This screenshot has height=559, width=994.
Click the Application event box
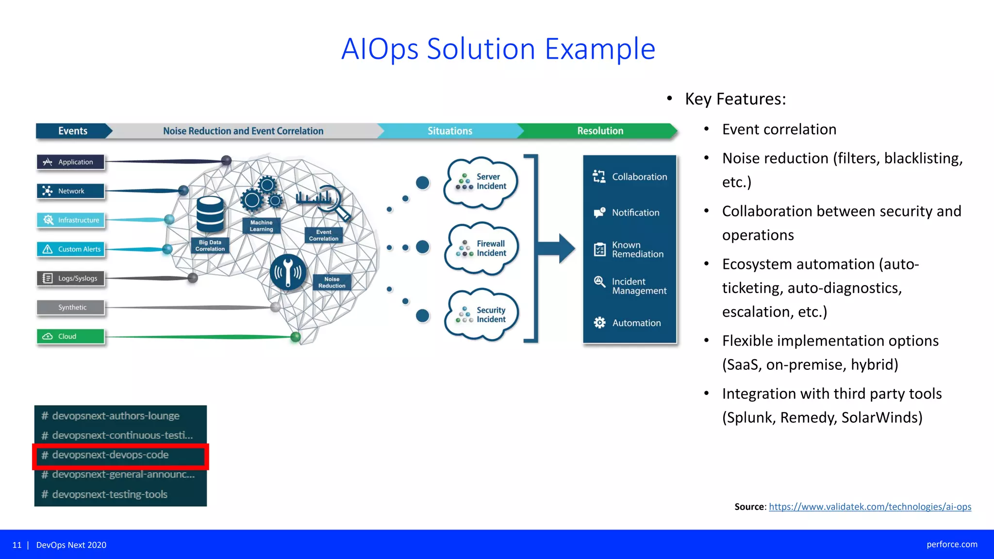point(70,162)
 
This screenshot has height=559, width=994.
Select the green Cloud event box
point(70,336)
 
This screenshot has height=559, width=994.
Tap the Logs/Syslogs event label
point(71,278)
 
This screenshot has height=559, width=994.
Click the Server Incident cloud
point(481,182)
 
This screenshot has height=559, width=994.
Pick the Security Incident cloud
point(481,315)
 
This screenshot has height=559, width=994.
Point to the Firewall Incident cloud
point(481,248)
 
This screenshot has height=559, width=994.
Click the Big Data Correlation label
point(210,246)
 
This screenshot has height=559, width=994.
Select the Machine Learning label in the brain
point(261,226)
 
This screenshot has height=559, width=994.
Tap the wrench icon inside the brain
point(288,272)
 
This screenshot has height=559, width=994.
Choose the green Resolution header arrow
point(600,131)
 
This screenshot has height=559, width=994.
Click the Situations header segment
point(449,131)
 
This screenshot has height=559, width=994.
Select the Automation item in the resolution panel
point(630,323)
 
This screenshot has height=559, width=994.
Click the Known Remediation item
point(630,249)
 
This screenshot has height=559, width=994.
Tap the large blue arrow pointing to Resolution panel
point(558,248)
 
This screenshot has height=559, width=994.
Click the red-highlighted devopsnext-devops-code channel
point(120,455)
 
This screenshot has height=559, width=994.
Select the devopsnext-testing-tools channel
point(110,494)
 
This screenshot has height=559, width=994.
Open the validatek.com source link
point(870,507)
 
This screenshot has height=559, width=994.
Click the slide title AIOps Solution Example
point(498,49)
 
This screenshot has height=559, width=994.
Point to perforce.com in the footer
point(951,544)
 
